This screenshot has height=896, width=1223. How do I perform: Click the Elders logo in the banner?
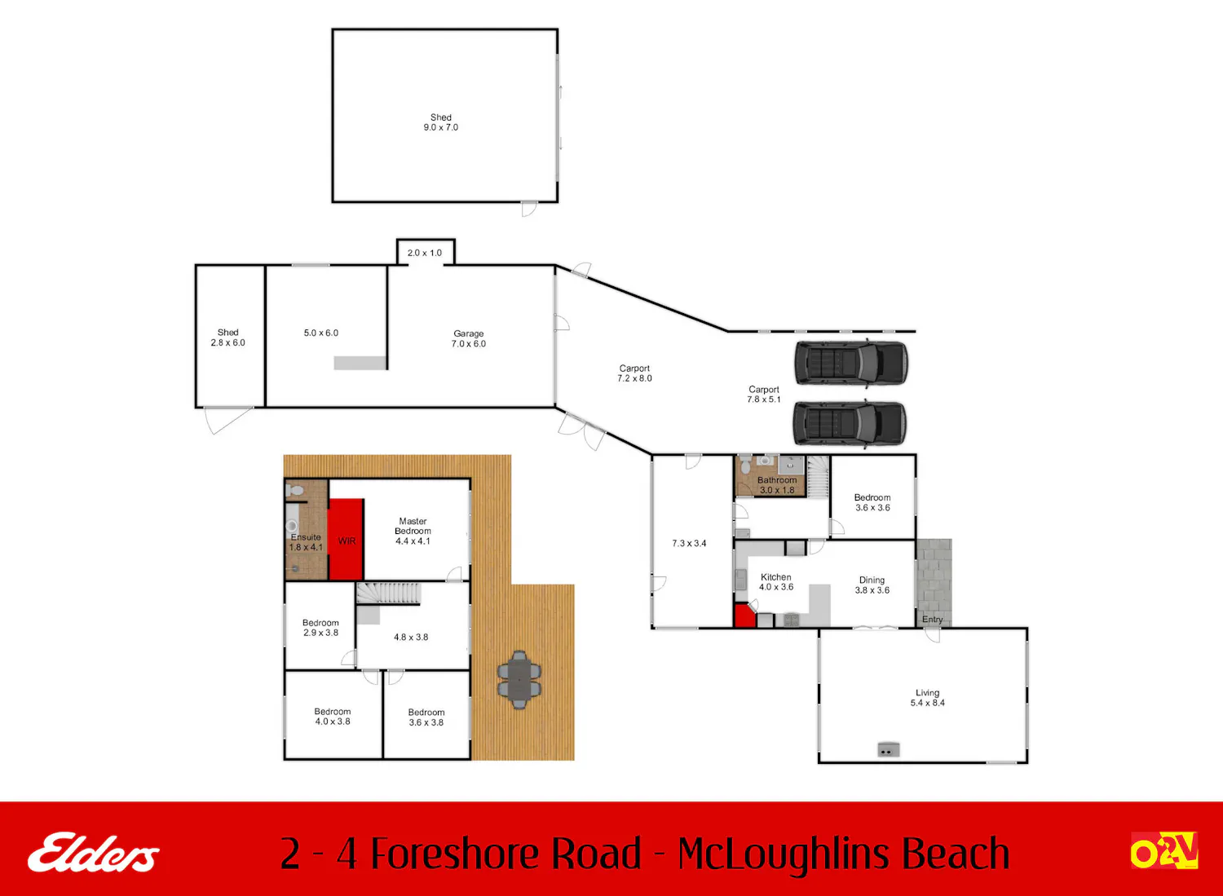(x=94, y=852)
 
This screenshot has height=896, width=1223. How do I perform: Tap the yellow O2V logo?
(x=1164, y=850)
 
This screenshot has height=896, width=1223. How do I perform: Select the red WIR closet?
(x=347, y=539)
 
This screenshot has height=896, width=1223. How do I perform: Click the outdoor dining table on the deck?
(x=519, y=679)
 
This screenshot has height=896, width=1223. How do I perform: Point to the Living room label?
(x=927, y=698)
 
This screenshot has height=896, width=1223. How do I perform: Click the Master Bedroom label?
(x=413, y=531)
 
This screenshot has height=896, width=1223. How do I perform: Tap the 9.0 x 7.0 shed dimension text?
(x=440, y=127)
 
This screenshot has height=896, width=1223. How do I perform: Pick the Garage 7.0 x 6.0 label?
(x=469, y=338)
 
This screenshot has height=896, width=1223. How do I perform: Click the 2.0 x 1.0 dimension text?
(x=424, y=253)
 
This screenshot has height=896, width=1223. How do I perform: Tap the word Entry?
(x=932, y=619)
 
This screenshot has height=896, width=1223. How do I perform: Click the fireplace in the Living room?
(x=889, y=749)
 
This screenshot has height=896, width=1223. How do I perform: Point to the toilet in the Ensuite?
(x=294, y=490)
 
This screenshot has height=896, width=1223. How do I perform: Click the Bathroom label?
(x=777, y=485)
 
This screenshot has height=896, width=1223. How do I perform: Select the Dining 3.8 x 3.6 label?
(x=872, y=585)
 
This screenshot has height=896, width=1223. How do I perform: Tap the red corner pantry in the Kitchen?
(x=743, y=616)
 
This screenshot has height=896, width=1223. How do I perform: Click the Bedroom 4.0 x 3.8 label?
(x=333, y=717)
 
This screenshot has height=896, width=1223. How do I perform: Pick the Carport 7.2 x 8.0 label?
(x=634, y=373)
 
